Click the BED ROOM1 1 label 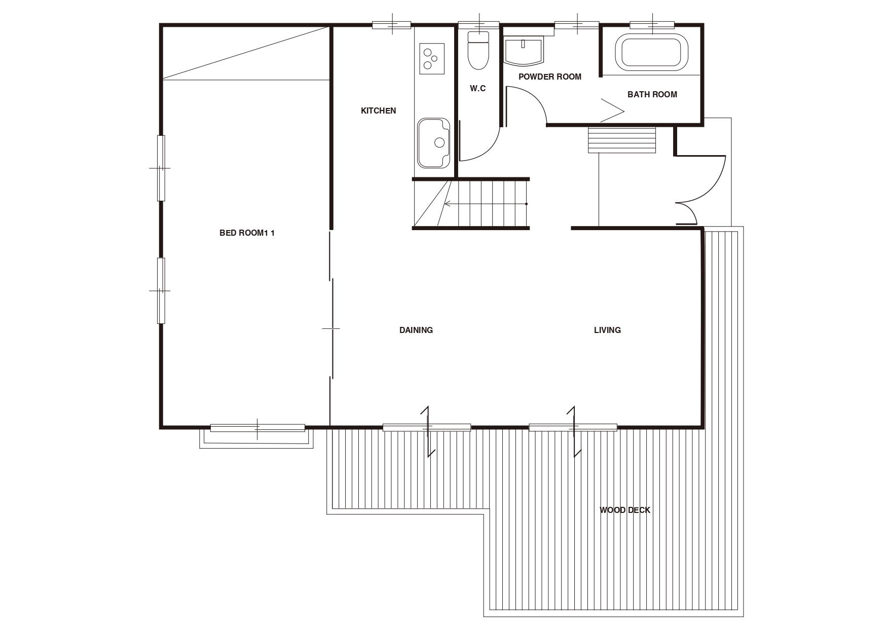(x=247, y=233)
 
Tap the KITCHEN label (x=378, y=110)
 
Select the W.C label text (x=477, y=89)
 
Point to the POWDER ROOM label (x=549, y=77)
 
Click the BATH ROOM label (x=652, y=94)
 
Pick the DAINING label (x=416, y=330)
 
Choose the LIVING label (x=607, y=330)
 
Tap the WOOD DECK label (x=624, y=510)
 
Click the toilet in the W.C (x=478, y=50)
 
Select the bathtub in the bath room (x=652, y=52)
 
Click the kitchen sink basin (x=433, y=143)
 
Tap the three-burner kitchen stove (x=432, y=59)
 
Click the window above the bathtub (x=652, y=24)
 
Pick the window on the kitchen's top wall (x=392, y=24)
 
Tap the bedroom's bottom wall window (x=257, y=428)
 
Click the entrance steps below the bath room (x=622, y=140)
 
